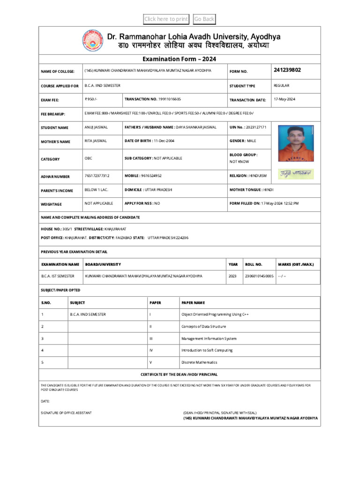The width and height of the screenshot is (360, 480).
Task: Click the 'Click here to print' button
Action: click(x=166, y=19)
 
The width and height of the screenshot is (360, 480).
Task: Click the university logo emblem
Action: click(x=94, y=40)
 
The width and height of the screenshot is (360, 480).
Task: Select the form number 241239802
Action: click(x=287, y=70)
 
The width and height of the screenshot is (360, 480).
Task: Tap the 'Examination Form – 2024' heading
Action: click(x=180, y=59)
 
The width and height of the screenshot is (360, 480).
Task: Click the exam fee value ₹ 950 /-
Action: click(x=91, y=99)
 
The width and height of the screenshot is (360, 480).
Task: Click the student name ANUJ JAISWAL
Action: click(x=96, y=127)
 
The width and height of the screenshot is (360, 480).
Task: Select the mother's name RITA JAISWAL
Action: click(x=96, y=141)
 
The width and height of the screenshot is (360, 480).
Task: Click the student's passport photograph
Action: click(x=296, y=143)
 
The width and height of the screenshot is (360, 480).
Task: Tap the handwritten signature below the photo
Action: click(x=296, y=174)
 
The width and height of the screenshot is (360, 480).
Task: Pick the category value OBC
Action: click(x=89, y=158)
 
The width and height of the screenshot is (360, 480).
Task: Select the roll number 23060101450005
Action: click(x=259, y=276)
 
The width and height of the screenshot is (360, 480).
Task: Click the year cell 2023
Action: click(x=232, y=276)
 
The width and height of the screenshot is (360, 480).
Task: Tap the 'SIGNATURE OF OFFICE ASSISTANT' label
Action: click(x=67, y=412)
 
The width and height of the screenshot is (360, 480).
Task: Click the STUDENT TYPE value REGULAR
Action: click(x=281, y=86)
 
